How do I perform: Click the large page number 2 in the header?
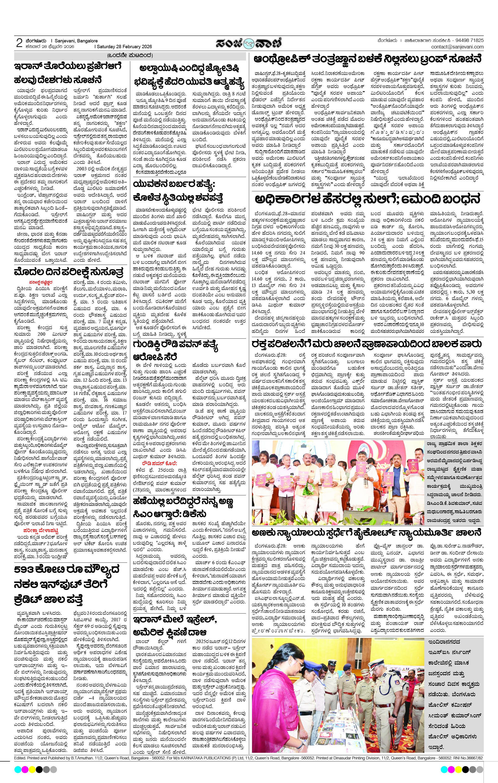[x=19, y=43]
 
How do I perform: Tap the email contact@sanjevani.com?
[x=457, y=47]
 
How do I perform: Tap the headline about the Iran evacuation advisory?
[x=68, y=73]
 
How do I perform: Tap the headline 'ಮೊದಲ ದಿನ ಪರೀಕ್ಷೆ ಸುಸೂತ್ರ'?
[x=69, y=272]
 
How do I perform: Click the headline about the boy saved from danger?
[x=366, y=344]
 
